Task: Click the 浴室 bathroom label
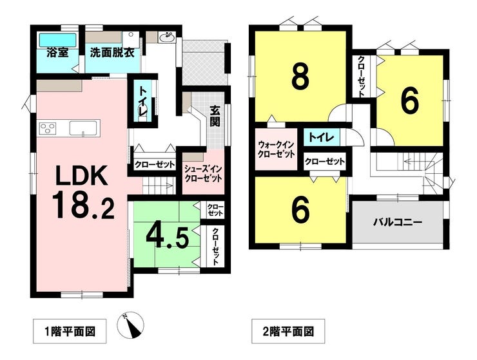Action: (57, 53)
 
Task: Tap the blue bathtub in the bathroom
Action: (57, 40)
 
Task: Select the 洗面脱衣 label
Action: (112, 53)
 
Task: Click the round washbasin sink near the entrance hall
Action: (166, 37)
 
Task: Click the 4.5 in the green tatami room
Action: (167, 236)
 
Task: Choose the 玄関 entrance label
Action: (215, 116)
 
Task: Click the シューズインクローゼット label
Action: (203, 174)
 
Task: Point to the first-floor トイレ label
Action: (142, 101)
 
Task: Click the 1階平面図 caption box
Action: (70, 331)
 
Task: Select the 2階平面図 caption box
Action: (288, 331)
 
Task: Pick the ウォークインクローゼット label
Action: (277, 149)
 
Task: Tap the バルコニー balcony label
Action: (398, 223)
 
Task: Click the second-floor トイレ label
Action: (322, 137)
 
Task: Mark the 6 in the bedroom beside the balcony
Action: (301, 211)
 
